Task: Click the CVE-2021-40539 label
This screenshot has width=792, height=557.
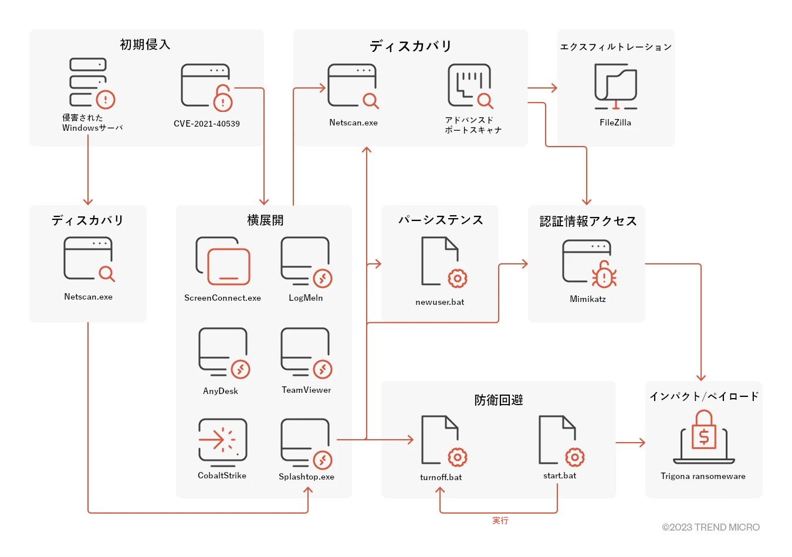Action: click(x=207, y=124)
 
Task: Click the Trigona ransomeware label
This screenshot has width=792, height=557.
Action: click(x=703, y=476)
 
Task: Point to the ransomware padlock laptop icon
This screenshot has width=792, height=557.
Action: click(x=703, y=437)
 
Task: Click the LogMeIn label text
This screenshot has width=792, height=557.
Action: click(x=306, y=298)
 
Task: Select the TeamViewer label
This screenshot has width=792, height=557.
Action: click(x=306, y=390)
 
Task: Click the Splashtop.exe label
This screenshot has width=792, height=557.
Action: click(x=306, y=477)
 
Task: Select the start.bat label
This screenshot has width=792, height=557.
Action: click(x=560, y=476)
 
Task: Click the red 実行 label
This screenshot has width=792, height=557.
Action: click(x=500, y=521)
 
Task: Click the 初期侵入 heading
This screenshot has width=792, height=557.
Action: click(x=145, y=45)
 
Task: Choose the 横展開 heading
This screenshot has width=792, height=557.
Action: click(x=265, y=220)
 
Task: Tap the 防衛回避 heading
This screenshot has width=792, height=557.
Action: click(x=499, y=400)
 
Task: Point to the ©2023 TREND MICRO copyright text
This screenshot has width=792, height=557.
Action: click(x=710, y=527)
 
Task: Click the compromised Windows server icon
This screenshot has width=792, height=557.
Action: click(x=92, y=83)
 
